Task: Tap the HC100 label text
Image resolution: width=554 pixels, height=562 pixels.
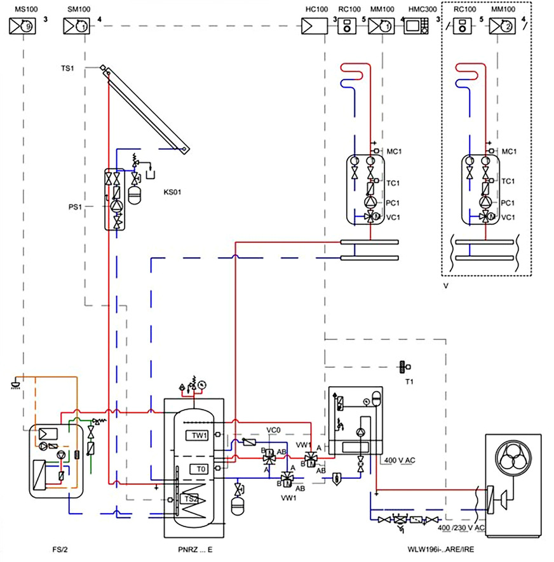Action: click(x=315, y=11)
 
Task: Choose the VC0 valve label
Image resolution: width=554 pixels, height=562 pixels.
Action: click(x=274, y=431)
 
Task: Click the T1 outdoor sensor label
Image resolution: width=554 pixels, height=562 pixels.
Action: click(x=409, y=382)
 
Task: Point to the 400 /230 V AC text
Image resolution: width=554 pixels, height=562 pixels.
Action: click(x=462, y=528)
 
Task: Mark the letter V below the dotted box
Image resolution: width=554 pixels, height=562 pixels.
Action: click(x=447, y=286)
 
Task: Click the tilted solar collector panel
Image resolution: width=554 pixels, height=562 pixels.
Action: click(x=146, y=108)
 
